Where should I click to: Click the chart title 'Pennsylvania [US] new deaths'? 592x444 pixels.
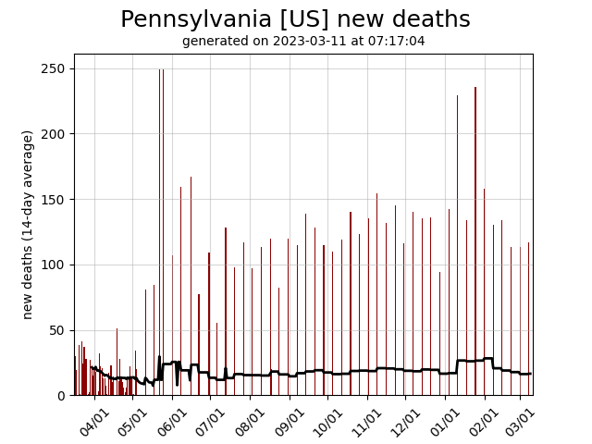[295, 19]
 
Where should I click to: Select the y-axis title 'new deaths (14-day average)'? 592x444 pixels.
[28, 225]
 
